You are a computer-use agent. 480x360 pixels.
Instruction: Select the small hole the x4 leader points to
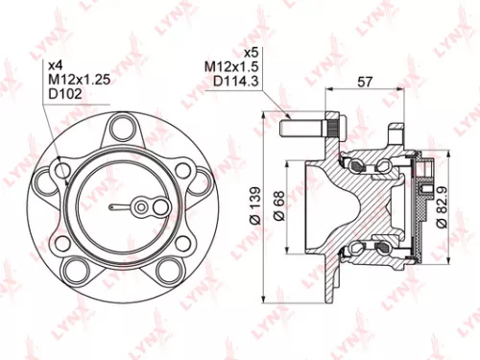pyautogui.click(x=63, y=170)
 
